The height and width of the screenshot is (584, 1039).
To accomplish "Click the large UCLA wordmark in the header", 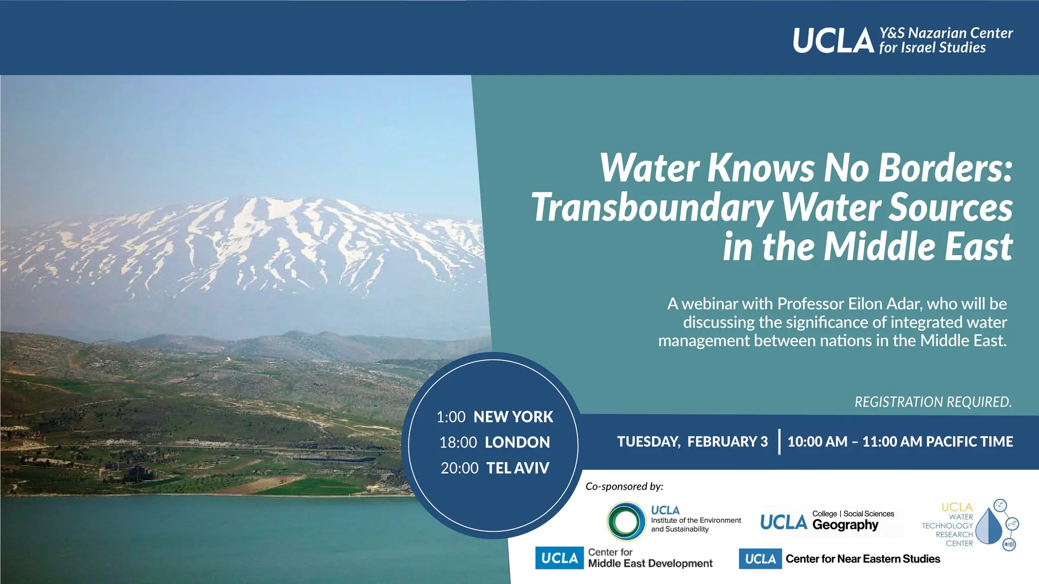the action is (833, 41).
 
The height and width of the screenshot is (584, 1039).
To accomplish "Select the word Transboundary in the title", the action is (652, 208).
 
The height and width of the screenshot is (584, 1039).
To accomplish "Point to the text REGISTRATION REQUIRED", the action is (933, 402).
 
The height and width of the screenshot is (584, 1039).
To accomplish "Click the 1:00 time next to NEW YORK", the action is (451, 417).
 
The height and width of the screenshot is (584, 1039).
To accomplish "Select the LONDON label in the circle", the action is (517, 442).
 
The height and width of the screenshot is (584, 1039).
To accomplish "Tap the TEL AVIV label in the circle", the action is (517, 467).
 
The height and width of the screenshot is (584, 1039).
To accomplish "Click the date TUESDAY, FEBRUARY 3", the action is (692, 442).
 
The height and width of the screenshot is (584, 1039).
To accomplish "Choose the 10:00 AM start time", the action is (817, 442).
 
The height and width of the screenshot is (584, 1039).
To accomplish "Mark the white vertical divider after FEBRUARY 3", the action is (779, 442).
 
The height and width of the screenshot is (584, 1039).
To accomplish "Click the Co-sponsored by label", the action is (624, 487).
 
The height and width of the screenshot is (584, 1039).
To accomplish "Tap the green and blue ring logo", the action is (626, 521).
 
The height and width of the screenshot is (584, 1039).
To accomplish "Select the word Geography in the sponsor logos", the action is (845, 525).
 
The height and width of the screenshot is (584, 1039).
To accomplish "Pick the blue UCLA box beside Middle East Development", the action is (560, 558).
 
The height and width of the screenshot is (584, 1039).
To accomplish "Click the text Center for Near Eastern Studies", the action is (863, 559).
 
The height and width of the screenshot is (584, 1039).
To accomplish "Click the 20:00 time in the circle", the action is (460, 467).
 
